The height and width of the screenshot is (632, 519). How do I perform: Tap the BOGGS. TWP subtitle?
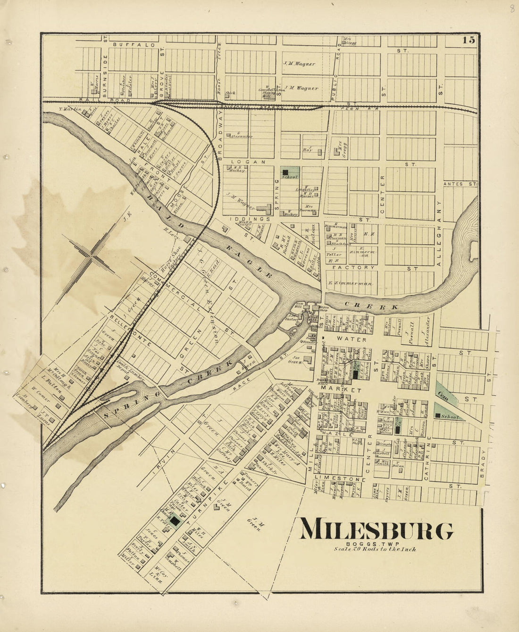pos(376,544)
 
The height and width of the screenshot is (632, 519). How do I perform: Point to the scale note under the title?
pos(376,549)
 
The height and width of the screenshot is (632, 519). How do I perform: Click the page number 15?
pos(469,40)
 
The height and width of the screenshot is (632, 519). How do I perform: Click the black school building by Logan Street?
pos(285,172)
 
